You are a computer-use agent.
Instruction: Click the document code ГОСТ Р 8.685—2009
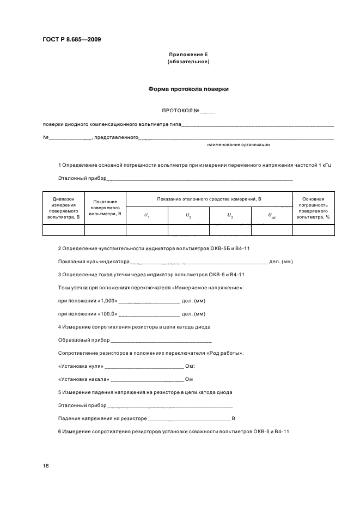[71, 39]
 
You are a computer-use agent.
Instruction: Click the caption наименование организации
[239, 144]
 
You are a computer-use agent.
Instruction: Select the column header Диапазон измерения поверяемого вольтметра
[63, 208]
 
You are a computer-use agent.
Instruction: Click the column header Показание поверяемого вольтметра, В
[105, 208]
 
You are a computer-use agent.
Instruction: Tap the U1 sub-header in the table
[147, 216]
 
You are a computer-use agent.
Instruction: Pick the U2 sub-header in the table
[188, 216]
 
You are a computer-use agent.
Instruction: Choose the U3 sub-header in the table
[230, 216]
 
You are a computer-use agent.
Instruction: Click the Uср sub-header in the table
[272, 216]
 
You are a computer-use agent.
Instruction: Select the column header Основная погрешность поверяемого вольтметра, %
[314, 208]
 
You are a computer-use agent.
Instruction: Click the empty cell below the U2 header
[188, 230]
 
